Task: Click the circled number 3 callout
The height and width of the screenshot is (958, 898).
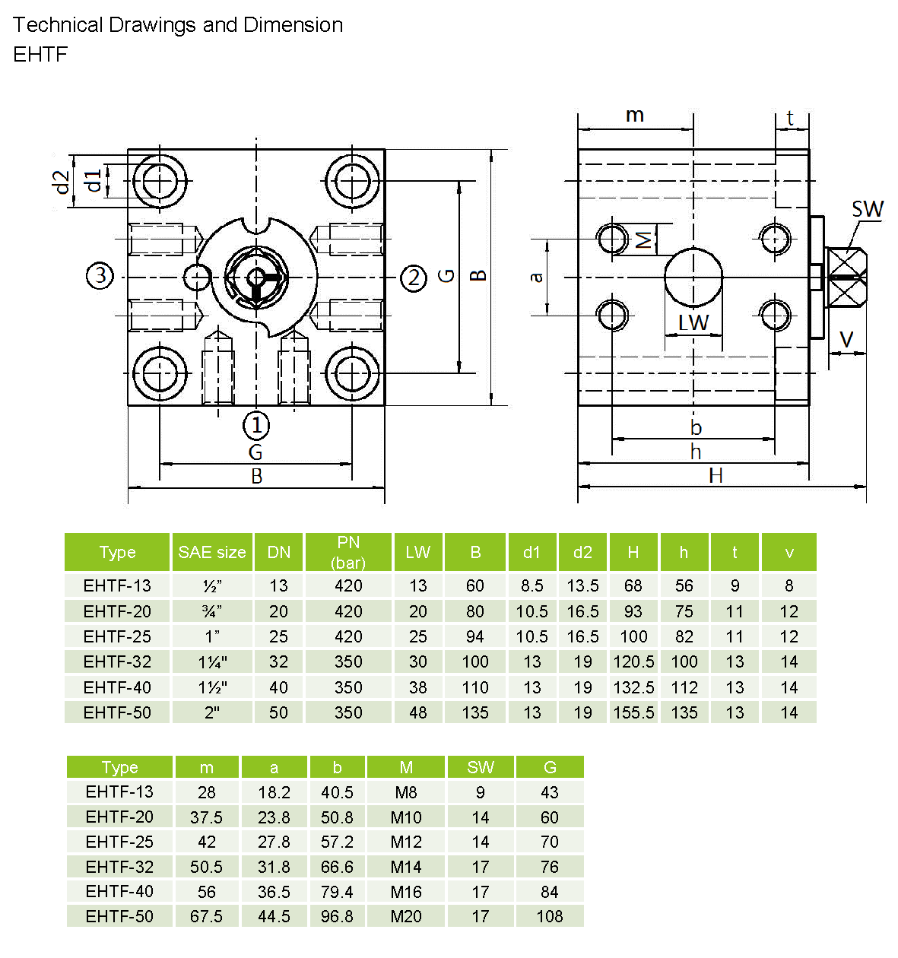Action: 100,275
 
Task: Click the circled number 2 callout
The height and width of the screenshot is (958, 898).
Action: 414,278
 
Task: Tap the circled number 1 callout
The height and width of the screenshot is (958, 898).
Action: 256,425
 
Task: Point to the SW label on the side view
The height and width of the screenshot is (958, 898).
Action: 868,210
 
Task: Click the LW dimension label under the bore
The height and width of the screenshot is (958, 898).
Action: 693,322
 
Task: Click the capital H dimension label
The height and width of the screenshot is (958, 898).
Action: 716,475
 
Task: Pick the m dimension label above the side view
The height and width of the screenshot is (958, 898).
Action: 635,116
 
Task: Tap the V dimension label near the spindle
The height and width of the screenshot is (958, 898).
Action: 846,339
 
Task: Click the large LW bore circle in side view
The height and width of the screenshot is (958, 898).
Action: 693,277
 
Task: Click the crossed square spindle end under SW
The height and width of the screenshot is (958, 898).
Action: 846,277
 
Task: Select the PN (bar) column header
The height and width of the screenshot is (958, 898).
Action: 348,552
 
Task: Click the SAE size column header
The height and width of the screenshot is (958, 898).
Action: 212,552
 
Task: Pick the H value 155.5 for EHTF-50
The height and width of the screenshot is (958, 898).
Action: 633,712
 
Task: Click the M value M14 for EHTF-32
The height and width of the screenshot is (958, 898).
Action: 406,867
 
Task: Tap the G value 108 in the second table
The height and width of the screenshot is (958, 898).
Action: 550,916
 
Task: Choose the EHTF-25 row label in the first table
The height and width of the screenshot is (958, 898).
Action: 117,636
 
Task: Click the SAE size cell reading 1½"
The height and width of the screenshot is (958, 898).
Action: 212,687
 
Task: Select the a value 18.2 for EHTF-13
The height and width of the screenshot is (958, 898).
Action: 274,792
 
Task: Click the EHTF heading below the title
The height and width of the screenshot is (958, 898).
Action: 40,54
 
